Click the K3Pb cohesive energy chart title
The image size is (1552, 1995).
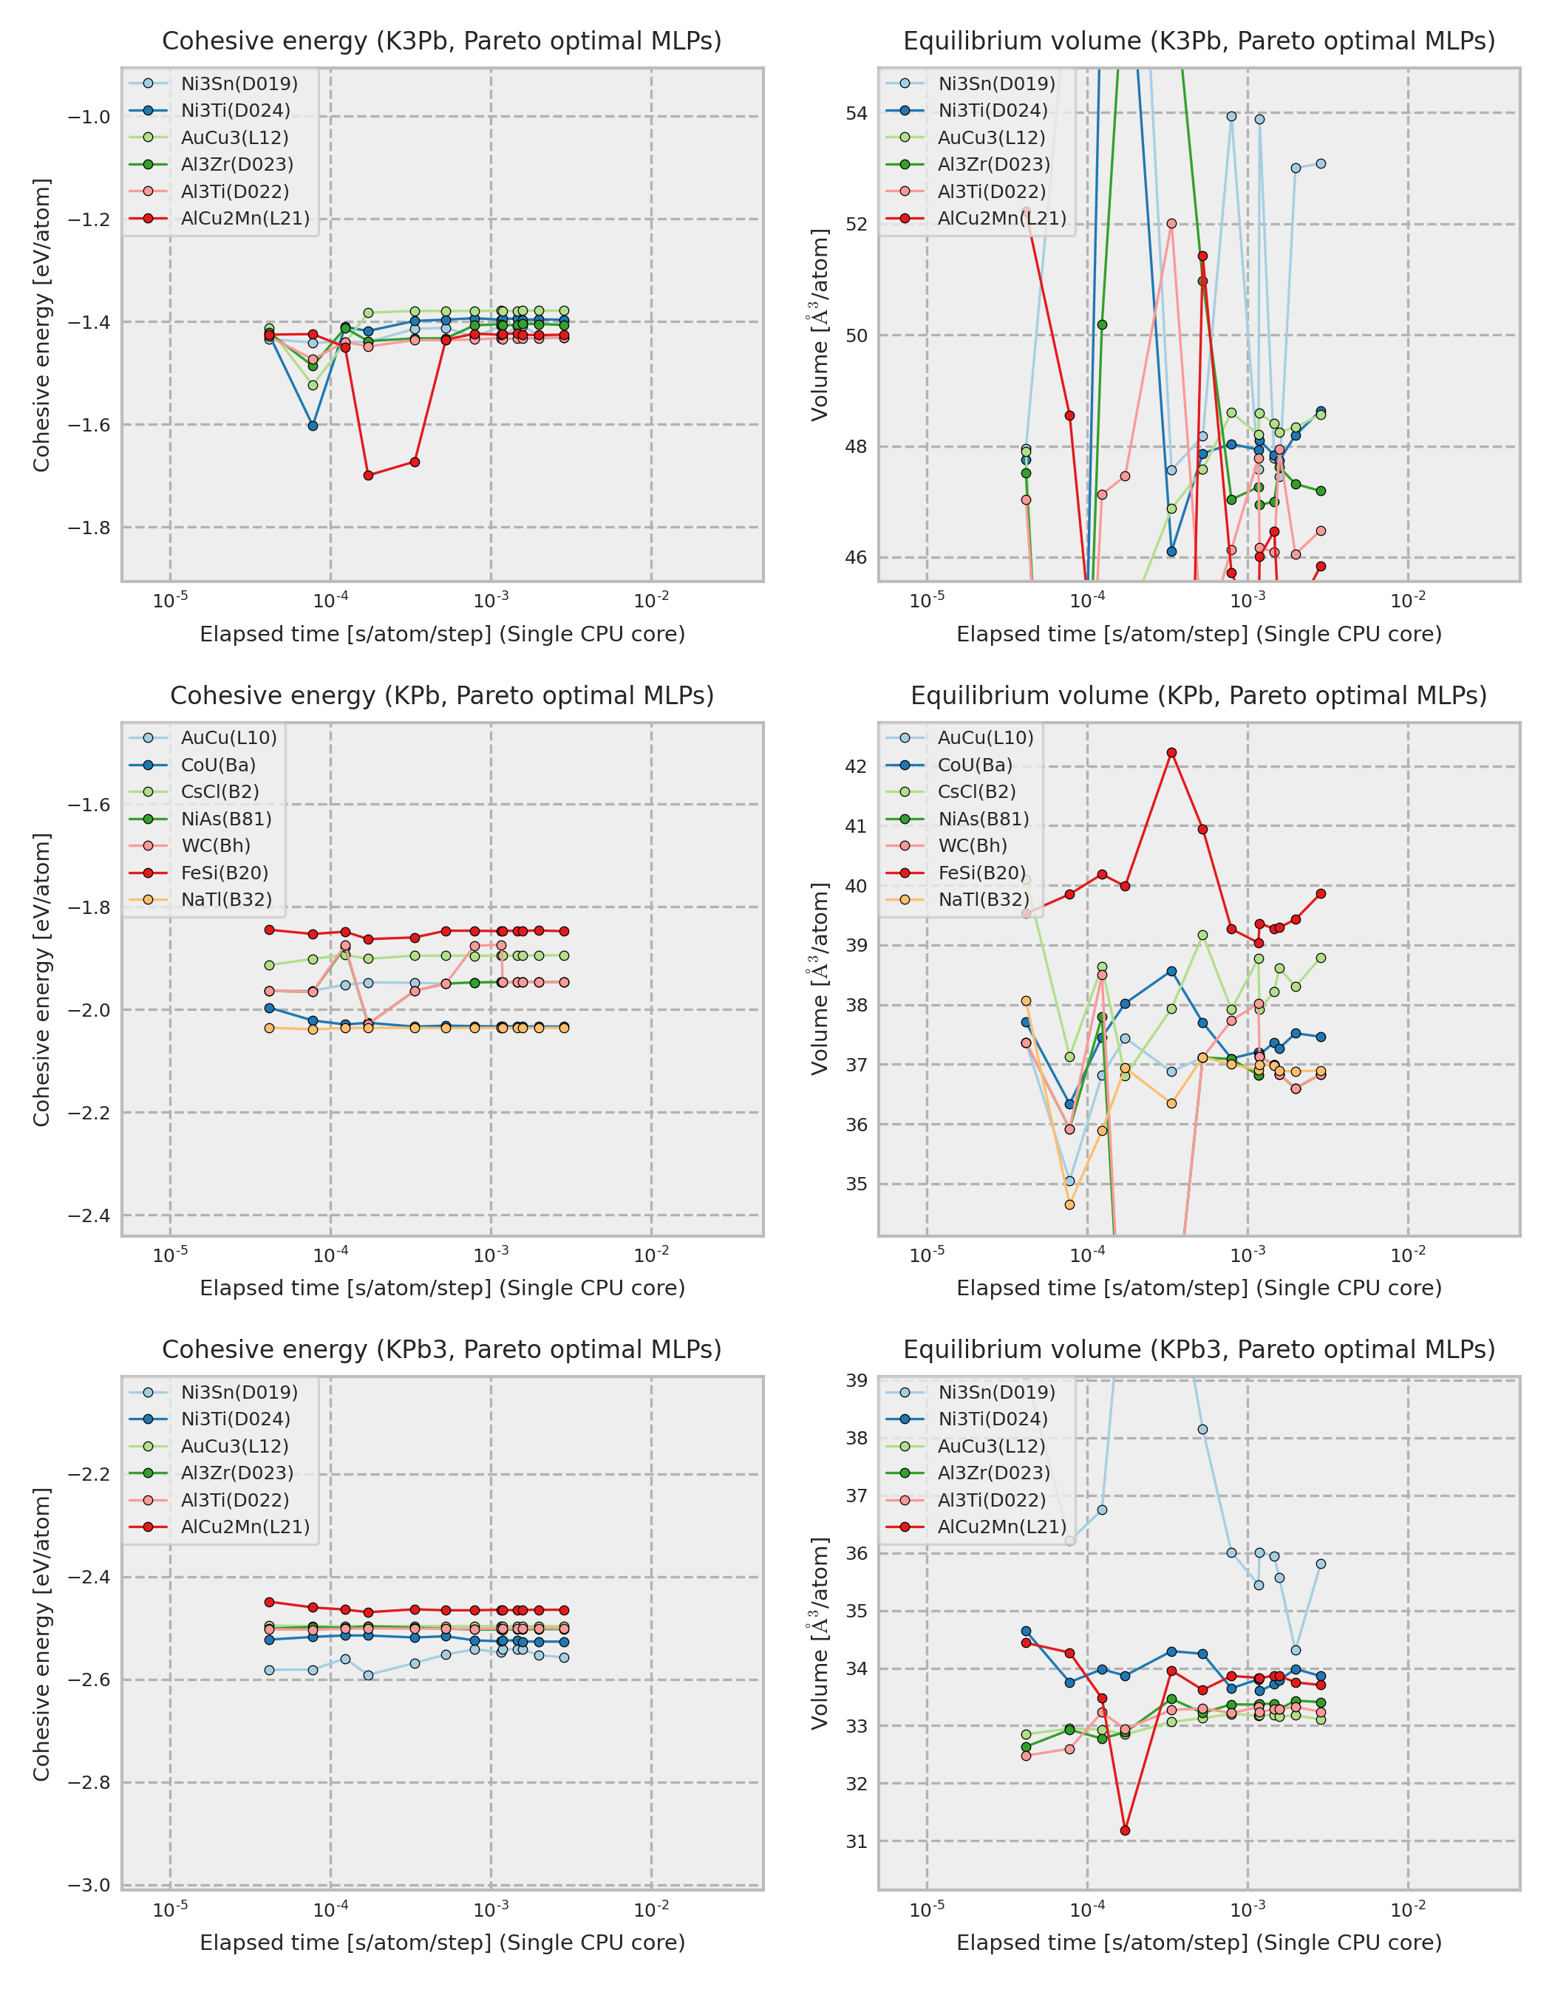point(441,41)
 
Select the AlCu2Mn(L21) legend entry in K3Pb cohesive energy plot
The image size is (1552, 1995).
point(244,218)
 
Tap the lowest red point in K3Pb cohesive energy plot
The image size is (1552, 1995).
point(368,475)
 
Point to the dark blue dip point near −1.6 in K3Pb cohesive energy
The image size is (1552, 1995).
point(313,426)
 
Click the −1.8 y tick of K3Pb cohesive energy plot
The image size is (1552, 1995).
point(89,528)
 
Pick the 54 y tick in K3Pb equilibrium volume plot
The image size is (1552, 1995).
point(856,113)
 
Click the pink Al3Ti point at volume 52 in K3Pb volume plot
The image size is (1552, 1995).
point(1171,223)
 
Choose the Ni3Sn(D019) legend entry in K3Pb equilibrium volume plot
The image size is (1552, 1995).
point(995,83)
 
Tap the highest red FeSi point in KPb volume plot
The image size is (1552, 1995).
point(1171,753)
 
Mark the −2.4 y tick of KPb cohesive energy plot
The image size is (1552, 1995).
point(89,1215)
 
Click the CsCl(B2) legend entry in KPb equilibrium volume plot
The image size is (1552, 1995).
point(976,791)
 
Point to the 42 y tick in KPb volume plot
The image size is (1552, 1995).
point(856,766)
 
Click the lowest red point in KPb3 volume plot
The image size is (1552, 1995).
point(1125,1830)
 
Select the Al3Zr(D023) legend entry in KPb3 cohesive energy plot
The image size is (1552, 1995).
point(236,1473)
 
